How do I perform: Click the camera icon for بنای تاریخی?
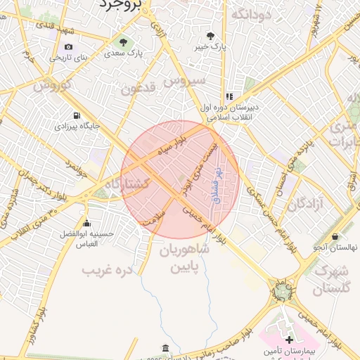[x=68, y=47]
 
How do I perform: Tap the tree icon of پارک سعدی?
[x=124, y=41]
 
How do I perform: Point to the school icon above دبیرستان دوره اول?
[x=229, y=96]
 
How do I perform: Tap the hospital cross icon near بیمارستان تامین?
[x=289, y=340]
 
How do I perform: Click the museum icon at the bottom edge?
[x=165, y=348]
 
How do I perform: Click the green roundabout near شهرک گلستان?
[x=283, y=290]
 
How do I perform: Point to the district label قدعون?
[x=137, y=89]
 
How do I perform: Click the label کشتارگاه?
[x=127, y=184]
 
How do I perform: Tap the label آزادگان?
[x=304, y=204]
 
